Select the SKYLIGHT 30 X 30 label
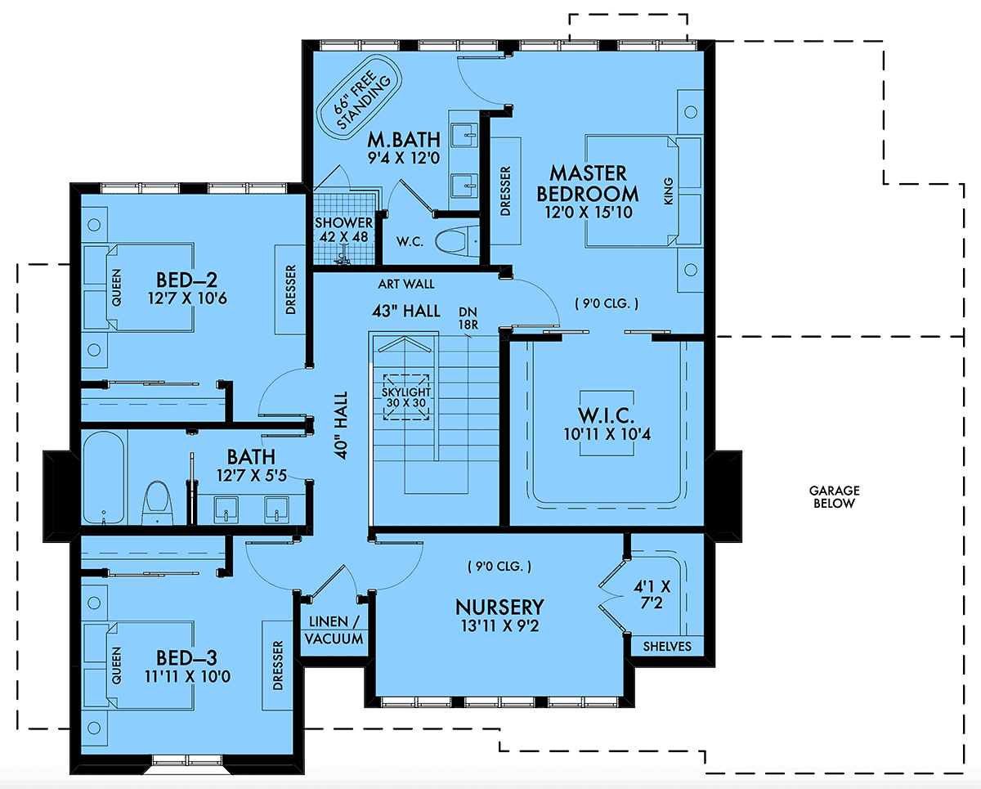coord(406,397)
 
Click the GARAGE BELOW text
coord(834,496)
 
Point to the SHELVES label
coord(667,646)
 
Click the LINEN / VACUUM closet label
coord(334,630)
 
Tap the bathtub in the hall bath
coord(104,477)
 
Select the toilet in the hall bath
coord(158,503)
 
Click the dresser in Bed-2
coord(290,289)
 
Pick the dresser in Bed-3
coord(277,665)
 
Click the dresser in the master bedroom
coord(505,191)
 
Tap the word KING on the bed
coord(668,191)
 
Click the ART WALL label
coord(406,285)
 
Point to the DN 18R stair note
coord(468,318)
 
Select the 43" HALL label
coord(406,311)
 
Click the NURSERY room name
coord(499,607)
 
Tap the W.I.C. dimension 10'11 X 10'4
coord(607,433)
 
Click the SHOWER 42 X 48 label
coord(344,230)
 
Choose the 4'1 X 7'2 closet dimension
coord(652,594)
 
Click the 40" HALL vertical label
coord(341,425)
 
